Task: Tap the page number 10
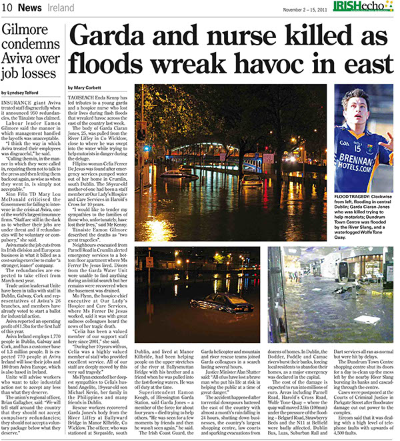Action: pos(8,8)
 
